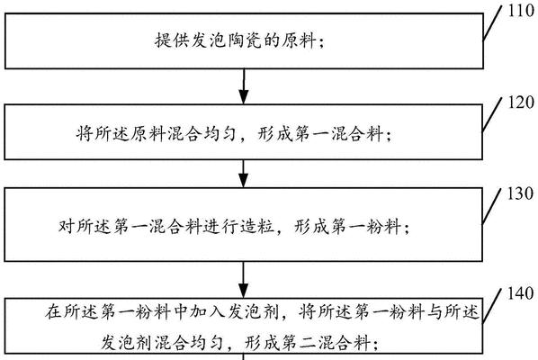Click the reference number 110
[x=522, y=11]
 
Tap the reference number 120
[x=522, y=103]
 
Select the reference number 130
[x=521, y=193]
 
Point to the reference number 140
[x=521, y=293]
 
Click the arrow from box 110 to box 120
[x=244, y=86]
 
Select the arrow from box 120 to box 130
[x=244, y=174]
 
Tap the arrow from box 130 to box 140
[x=244, y=279]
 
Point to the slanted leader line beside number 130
[x=492, y=207]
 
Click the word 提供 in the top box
[x=172, y=40]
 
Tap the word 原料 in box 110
[x=299, y=40]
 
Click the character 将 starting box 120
[x=85, y=133]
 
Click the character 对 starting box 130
[x=67, y=227]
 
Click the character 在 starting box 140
[x=53, y=311]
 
